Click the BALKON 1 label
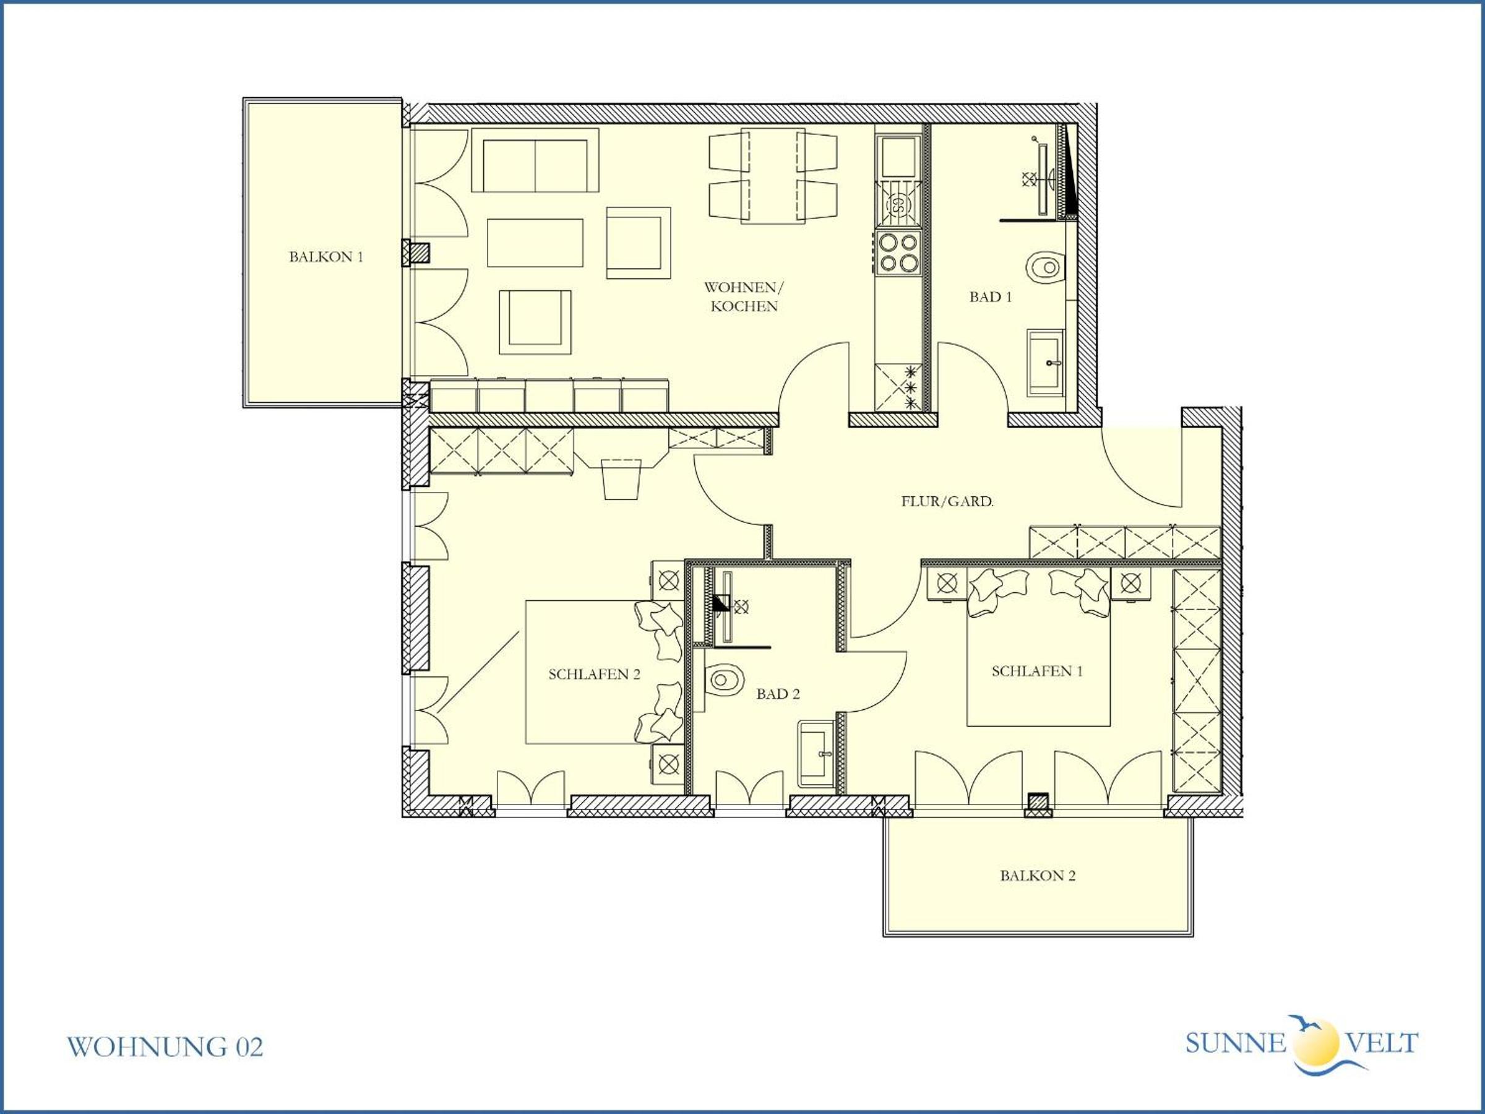click(325, 256)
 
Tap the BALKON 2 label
click(1037, 876)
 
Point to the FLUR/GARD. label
click(947, 501)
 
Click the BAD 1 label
click(990, 297)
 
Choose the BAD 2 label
click(778, 694)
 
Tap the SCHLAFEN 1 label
click(1037, 671)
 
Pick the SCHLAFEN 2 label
click(594, 674)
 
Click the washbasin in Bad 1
click(1046, 362)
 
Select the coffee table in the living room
click(535, 243)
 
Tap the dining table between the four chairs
click(773, 176)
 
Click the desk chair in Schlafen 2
click(622, 479)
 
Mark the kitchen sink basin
click(899, 157)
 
